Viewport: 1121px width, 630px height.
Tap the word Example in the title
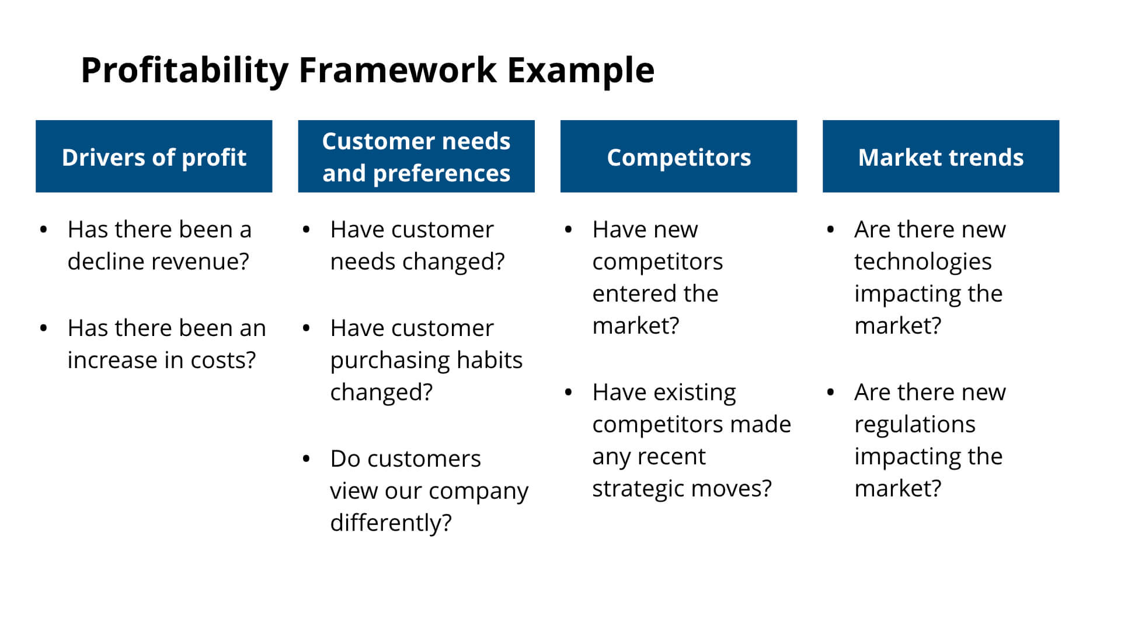[x=580, y=71]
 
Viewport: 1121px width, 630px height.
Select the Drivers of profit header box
[x=154, y=156]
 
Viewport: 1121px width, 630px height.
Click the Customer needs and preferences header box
[x=416, y=156]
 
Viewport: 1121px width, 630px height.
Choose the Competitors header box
[x=678, y=156]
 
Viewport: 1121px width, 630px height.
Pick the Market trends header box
[x=941, y=156]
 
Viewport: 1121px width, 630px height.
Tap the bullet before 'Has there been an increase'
[x=44, y=328]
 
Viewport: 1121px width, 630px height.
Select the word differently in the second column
[x=390, y=523]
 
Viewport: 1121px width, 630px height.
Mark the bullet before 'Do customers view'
[x=306, y=459]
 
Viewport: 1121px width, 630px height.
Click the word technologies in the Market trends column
[x=922, y=262]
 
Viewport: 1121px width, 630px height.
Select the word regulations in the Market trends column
[x=914, y=425]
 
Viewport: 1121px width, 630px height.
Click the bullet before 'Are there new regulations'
[x=830, y=393]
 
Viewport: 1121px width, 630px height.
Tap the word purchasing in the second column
[x=389, y=360]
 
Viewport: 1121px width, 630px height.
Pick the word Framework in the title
[x=398, y=71]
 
